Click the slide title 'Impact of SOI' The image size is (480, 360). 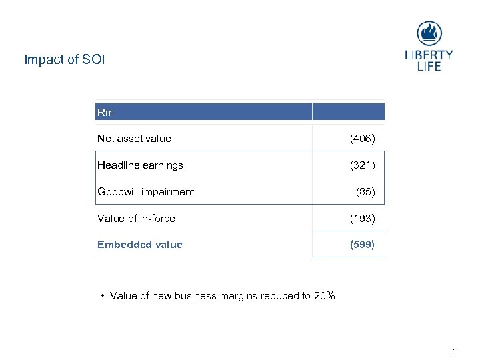65,60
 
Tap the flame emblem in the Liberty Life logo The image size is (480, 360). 429,33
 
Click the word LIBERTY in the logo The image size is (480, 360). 429,55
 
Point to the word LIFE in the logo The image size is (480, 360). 429,67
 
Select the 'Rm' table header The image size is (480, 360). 105,113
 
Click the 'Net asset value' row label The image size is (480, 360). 134,139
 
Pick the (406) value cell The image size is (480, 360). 363,139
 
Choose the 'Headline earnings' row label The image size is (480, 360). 140,165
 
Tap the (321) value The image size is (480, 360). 363,165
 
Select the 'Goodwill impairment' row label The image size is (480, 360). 146,192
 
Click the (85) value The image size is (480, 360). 365,192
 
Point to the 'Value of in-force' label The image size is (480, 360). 136,218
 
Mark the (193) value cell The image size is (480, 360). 363,218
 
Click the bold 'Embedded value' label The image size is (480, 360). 139,245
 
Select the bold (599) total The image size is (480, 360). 363,245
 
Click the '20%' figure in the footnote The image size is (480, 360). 323,296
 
